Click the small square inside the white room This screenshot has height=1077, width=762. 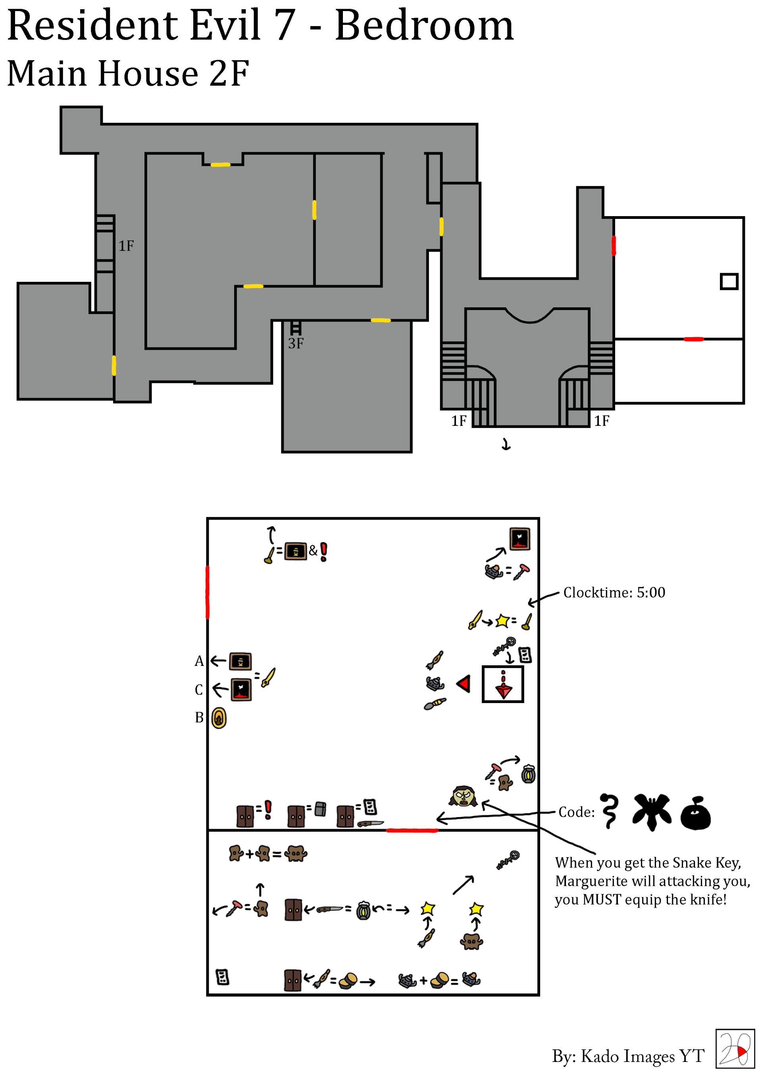pyautogui.click(x=729, y=282)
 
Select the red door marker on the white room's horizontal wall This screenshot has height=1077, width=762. pyautogui.click(x=693, y=339)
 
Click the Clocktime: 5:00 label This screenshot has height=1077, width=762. pyautogui.click(x=614, y=592)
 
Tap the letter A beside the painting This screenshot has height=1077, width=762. pyautogui.click(x=199, y=661)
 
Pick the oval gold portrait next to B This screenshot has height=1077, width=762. pyautogui.click(x=219, y=718)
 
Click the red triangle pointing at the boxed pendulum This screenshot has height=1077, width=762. pyautogui.click(x=464, y=684)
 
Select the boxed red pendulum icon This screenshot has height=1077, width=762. pyautogui.click(x=503, y=684)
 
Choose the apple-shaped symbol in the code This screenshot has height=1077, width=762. pyautogui.click(x=695, y=813)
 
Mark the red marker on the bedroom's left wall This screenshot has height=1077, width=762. pyautogui.click(x=208, y=592)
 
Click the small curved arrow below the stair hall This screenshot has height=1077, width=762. pyautogui.click(x=506, y=444)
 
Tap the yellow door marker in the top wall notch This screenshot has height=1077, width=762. pyautogui.click(x=220, y=165)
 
